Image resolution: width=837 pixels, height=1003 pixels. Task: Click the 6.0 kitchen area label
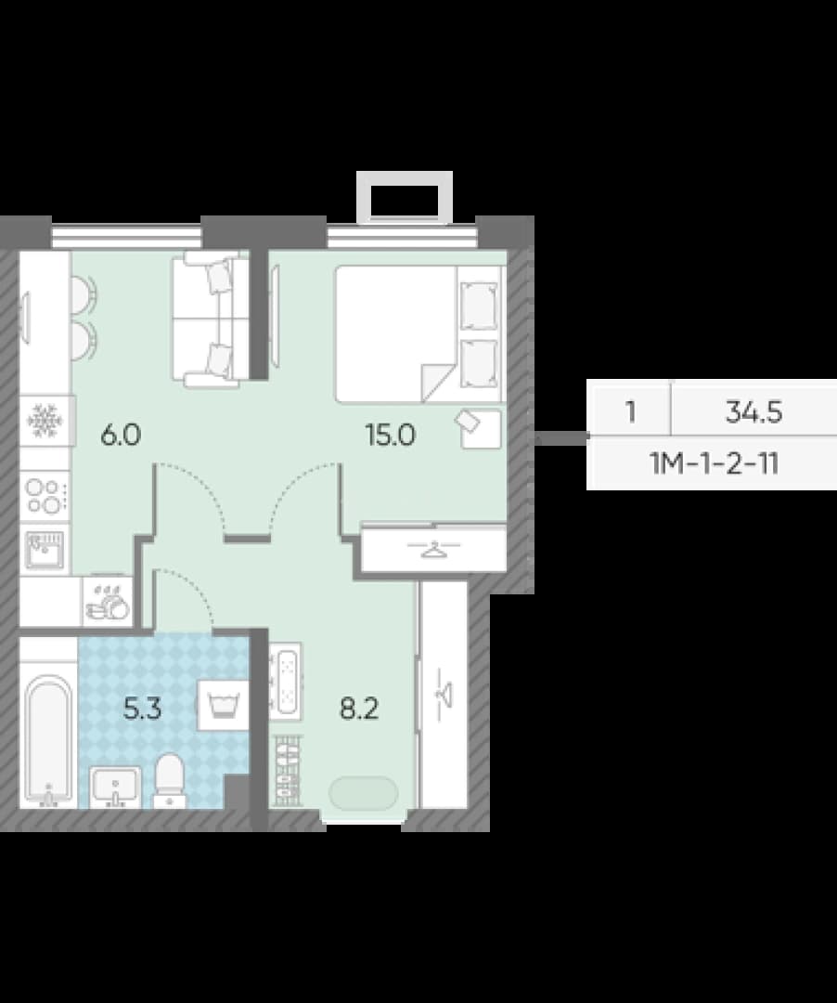[121, 435]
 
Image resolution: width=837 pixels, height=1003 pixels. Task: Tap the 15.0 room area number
[391, 435]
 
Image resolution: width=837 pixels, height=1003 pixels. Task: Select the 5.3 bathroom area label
[142, 709]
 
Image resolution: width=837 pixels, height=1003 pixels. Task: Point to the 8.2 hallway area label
[359, 709]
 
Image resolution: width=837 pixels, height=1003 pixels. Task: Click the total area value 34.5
[753, 412]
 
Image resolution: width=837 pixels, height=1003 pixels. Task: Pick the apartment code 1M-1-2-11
[715, 463]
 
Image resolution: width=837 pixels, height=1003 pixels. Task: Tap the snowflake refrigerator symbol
[45, 421]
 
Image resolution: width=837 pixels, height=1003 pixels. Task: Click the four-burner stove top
[45, 496]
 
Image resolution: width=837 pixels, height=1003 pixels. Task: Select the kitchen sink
[45, 550]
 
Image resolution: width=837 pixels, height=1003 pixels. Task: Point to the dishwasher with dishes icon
[108, 602]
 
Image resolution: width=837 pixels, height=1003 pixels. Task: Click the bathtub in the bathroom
[48, 740]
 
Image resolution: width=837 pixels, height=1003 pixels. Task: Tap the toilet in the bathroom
[169, 780]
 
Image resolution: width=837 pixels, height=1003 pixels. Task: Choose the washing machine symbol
[223, 706]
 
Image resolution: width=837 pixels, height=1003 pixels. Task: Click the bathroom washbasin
[115, 787]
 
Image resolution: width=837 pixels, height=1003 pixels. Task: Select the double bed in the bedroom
[419, 334]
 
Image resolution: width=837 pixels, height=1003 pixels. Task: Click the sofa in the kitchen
[210, 319]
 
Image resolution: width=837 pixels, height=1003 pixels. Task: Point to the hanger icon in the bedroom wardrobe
[434, 548]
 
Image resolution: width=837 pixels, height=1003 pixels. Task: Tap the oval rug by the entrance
[363, 793]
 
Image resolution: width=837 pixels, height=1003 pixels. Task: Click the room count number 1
[631, 412]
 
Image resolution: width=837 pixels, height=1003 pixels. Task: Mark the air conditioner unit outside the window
[405, 197]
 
